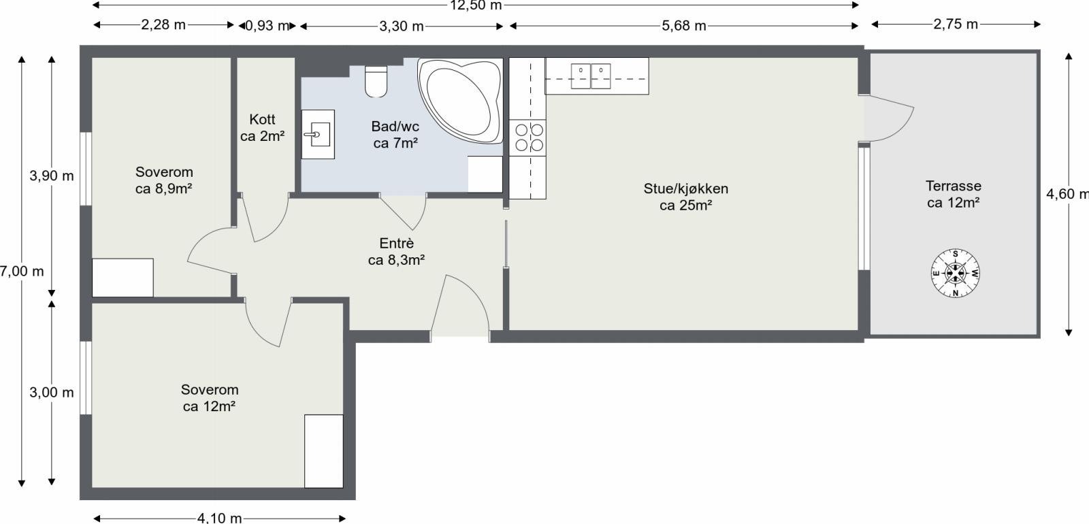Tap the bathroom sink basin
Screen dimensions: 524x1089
coord(318,134)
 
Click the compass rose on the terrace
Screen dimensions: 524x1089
coord(956,274)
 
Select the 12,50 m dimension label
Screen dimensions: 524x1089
coord(476,6)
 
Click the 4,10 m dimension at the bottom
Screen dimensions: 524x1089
coord(219,518)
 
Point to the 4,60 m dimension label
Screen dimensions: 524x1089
coord(1067,194)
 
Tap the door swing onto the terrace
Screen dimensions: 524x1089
coord(891,117)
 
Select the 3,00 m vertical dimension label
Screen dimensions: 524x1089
coord(52,393)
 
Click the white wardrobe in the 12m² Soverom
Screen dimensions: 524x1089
coord(323,451)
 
